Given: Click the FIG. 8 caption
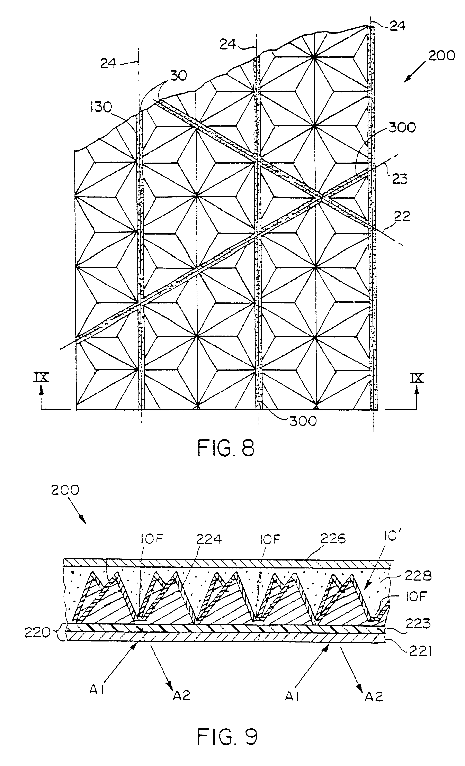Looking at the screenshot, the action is tap(226, 448).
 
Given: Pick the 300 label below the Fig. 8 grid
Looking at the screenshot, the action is tap(303, 421).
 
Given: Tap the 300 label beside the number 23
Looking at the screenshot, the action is tap(402, 127).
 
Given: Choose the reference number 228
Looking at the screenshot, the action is tap(418, 576).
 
